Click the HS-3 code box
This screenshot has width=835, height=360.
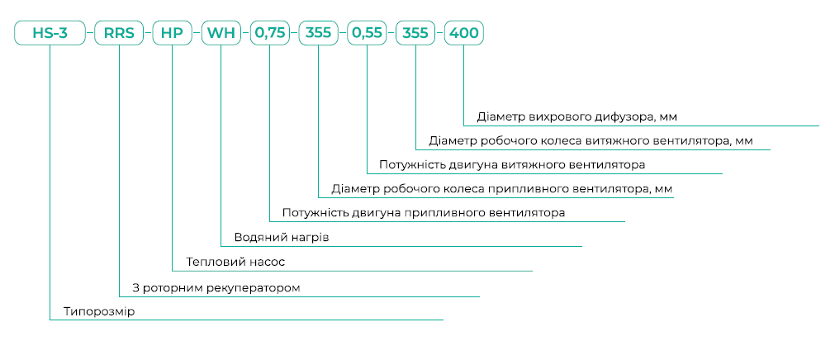point(50,34)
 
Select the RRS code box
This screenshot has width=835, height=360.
point(119,34)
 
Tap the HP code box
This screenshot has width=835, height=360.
point(172,34)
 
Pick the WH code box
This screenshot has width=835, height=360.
point(221,34)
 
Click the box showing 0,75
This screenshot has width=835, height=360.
point(270,34)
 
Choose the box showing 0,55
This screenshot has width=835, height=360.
point(367,34)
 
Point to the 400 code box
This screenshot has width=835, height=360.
point(463,34)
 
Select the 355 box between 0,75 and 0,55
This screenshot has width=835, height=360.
point(319,34)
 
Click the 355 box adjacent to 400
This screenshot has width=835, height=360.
point(415,34)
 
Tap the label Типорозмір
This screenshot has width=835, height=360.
point(98,312)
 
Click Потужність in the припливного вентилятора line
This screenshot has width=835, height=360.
point(315,213)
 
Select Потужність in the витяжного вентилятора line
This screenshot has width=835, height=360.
point(413,165)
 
